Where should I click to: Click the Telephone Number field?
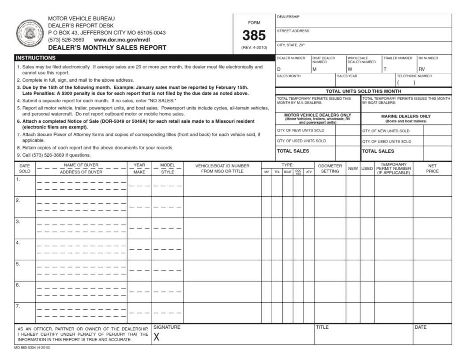423,80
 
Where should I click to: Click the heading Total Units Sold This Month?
363,91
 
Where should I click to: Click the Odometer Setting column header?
330,169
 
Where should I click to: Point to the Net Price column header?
432,169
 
